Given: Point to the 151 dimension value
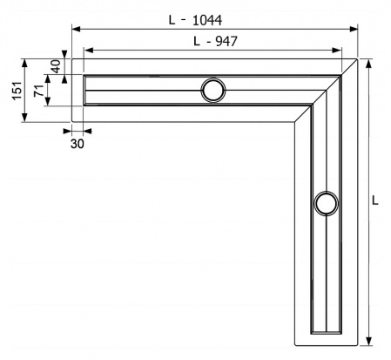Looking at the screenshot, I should pos(12,92).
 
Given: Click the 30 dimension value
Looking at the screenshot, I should pos(77,144).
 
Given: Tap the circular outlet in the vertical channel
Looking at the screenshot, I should pos(326,204).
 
